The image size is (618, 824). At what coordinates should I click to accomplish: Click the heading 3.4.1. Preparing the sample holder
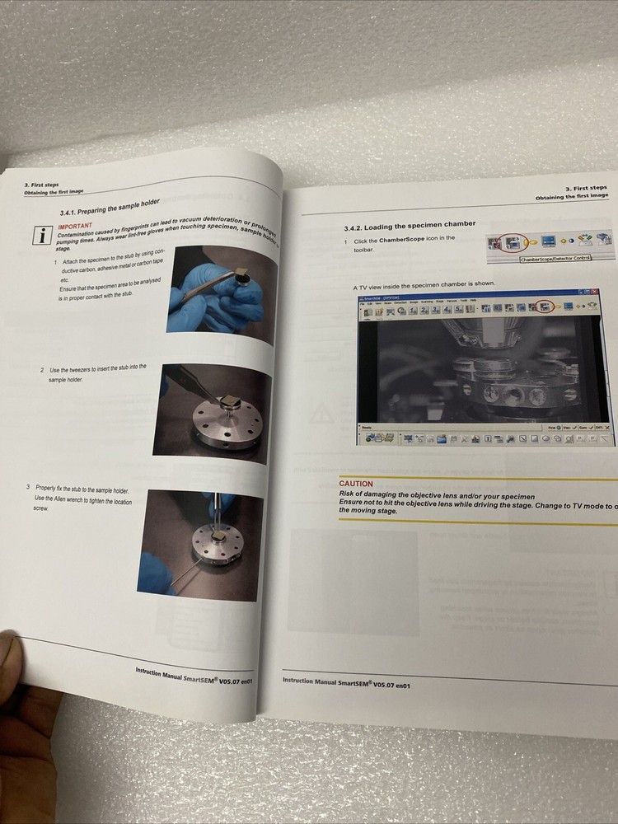[x=110, y=207]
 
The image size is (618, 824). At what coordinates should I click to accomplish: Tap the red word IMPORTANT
[x=75, y=225]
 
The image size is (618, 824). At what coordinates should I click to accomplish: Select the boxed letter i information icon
[x=40, y=234]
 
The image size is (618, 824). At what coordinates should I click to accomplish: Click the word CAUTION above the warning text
[x=356, y=484]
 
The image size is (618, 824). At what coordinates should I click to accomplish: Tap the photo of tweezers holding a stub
[x=221, y=293]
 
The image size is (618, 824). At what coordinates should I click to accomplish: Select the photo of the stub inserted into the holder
[x=213, y=413]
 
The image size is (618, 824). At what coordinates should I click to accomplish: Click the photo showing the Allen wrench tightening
[x=201, y=543]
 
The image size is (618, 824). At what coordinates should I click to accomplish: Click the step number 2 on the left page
[x=42, y=370]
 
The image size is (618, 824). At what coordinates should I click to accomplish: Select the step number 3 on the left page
[x=28, y=487]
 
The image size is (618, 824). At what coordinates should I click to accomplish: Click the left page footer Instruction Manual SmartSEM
[x=194, y=683]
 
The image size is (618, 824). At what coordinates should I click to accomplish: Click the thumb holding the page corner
[x=20, y=667]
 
